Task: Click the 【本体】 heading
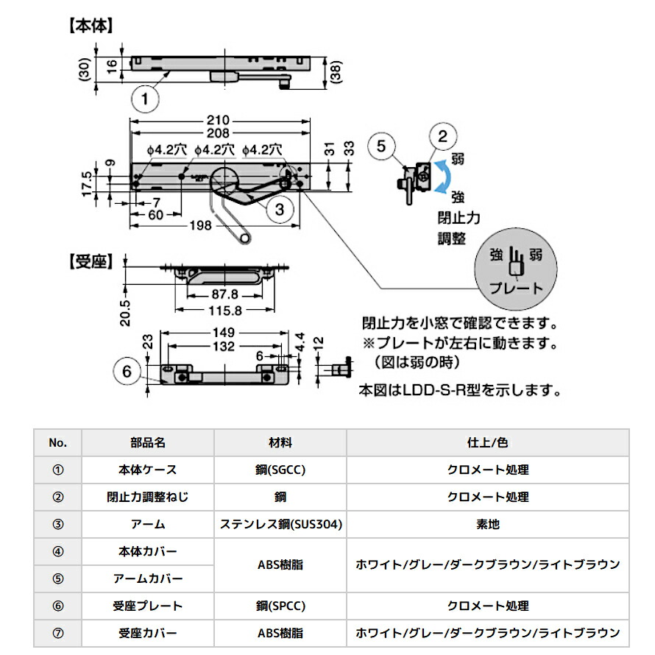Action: [91, 26]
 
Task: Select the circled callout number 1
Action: [146, 98]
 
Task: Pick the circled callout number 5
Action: [380, 145]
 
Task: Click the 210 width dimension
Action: [218, 121]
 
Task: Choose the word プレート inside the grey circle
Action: [516, 288]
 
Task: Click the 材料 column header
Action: [280, 442]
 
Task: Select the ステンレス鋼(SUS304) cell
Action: [280, 524]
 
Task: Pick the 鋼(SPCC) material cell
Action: [280, 606]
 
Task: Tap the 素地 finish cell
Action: [487, 524]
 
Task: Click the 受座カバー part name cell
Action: [147, 633]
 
